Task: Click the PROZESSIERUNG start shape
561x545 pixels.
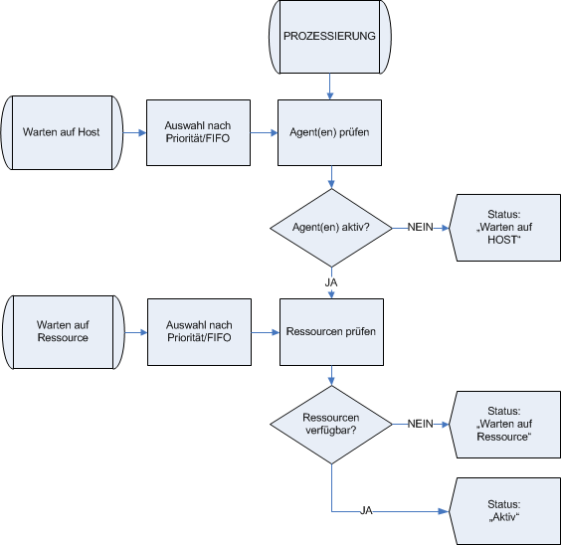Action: pos(329,37)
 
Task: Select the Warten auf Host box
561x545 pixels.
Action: pos(63,132)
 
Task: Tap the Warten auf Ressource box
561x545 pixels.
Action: pos(63,331)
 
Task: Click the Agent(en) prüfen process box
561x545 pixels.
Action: pos(329,132)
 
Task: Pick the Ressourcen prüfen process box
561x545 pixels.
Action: pos(330,331)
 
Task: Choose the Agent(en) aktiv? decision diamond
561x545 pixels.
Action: pos(330,227)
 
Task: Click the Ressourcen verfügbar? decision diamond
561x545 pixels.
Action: pos(330,425)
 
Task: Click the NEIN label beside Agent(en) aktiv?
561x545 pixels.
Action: pos(420,227)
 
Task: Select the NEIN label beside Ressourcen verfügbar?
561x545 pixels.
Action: pos(420,425)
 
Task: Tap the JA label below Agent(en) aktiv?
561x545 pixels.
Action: pos(330,281)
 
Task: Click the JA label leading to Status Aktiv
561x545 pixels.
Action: pos(366,511)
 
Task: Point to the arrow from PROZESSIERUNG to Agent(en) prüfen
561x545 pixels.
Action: pos(329,88)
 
